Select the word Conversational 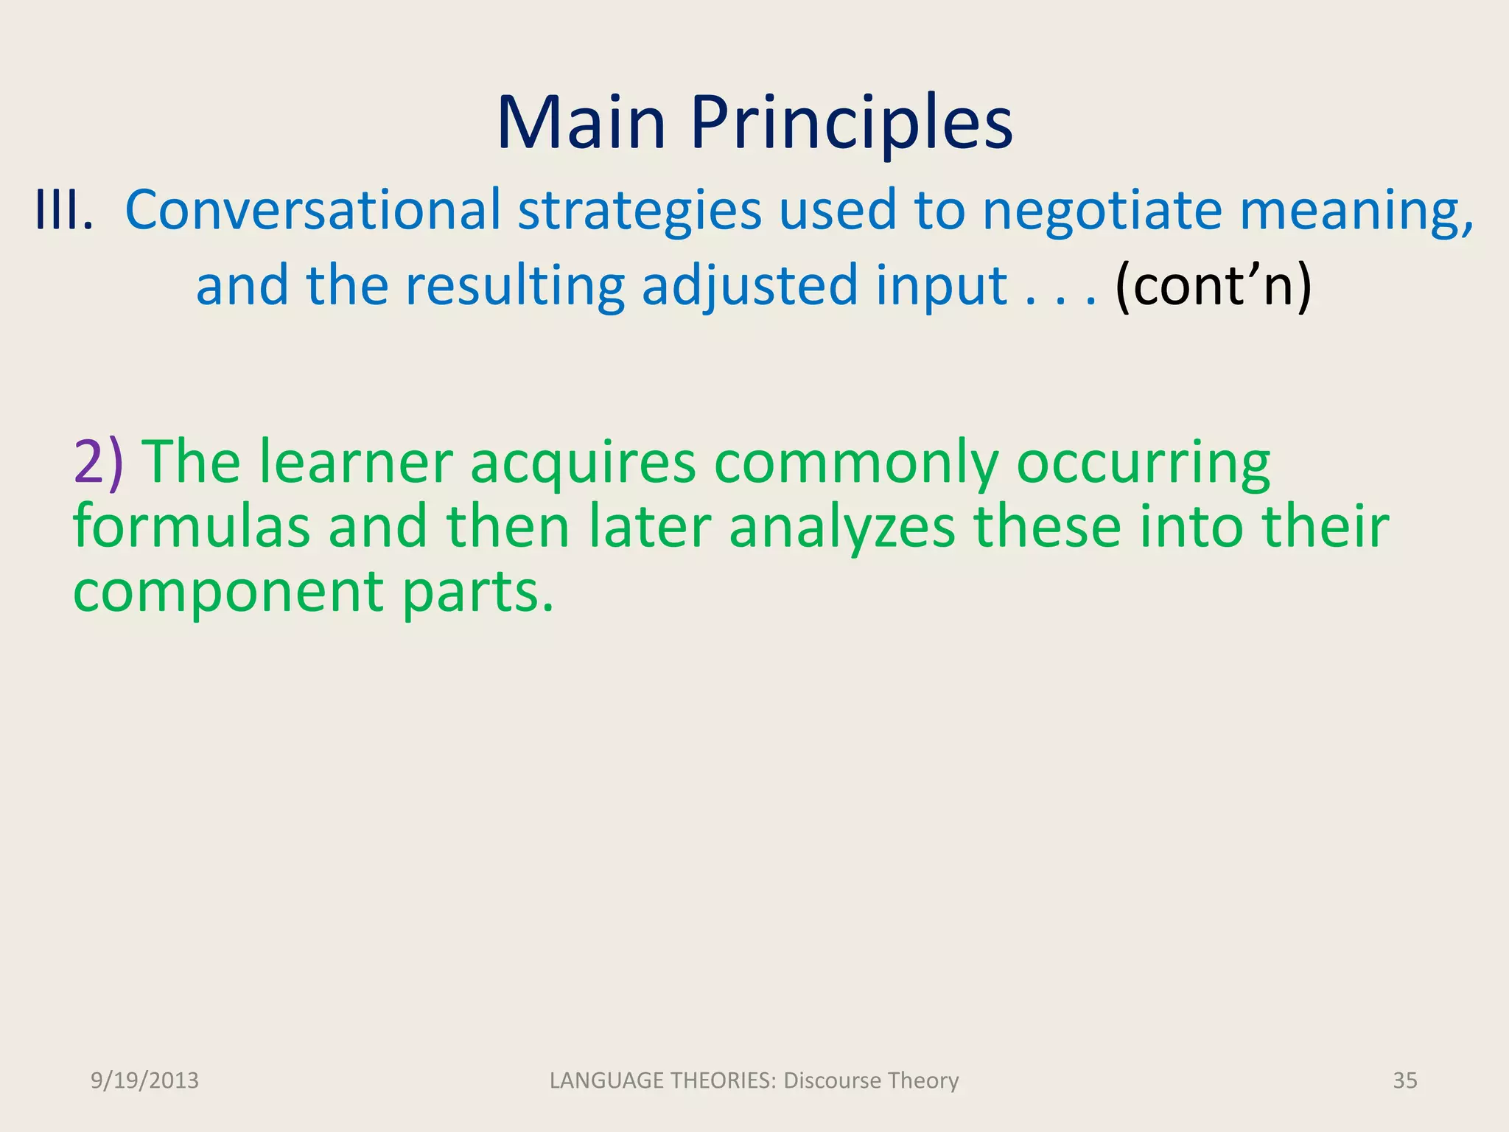click(312, 210)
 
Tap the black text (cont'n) click(1213, 285)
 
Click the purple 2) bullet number click(98, 463)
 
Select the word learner click(355, 463)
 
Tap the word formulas click(192, 527)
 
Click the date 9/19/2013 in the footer click(144, 1080)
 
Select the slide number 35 click(1404, 1080)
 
